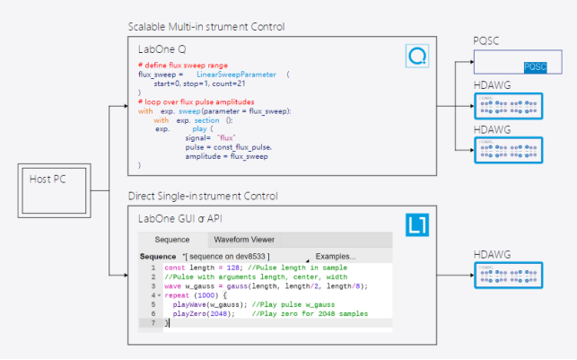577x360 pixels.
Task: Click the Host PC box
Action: pyautogui.click(x=55, y=192)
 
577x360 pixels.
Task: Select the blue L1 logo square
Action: pyautogui.click(x=417, y=224)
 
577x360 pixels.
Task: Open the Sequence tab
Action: pyautogui.click(x=171, y=240)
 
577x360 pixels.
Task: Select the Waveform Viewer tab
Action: pyautogui.click(x=244, y=240)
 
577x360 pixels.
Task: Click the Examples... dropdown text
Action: pyautogui.click(x=336, y=257)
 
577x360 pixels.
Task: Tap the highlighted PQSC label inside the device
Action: pyautogui.click(x=535, y=67)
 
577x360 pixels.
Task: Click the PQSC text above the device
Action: pyautogui.click(x=488, y=41)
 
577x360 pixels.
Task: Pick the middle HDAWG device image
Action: pyautogui.click(x=509, y=149)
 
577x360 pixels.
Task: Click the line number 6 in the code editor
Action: pyautogui.click(x=153, y=313)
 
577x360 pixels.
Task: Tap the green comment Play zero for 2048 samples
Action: pyautogui.click(x=310, y=313)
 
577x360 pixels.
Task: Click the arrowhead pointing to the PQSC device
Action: pyautogui.click(x=468, y=62)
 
